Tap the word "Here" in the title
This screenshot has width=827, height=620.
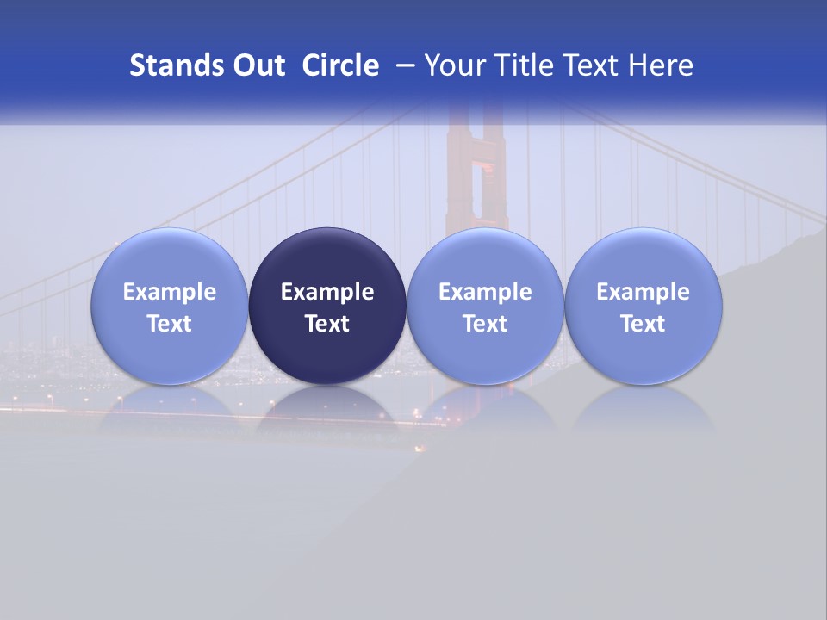662,65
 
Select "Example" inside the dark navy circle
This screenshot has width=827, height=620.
327,292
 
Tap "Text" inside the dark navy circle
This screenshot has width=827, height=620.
327,324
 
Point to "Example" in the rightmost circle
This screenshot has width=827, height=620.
644,292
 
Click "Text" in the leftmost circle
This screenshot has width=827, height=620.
169,324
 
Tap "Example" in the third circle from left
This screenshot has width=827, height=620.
485,292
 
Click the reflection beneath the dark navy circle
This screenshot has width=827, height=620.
327,409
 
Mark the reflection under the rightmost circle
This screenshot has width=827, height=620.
644,409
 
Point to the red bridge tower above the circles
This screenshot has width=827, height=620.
476,172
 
